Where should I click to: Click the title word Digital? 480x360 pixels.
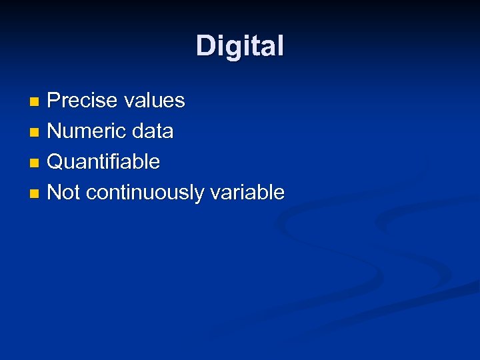click(240, 46)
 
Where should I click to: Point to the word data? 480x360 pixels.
click(153, 131)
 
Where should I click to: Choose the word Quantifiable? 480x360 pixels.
click(104, 162)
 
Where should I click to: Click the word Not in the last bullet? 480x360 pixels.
click(64, 193)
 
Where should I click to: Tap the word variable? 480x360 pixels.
click(247, 193)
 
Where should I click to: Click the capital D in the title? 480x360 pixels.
click(205, 46)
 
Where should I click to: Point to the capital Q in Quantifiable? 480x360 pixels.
click(57, 162)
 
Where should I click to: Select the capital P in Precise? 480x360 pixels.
click(55, 101)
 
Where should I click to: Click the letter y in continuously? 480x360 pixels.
click(200, 195)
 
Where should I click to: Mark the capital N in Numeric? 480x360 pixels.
click(55, 131)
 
